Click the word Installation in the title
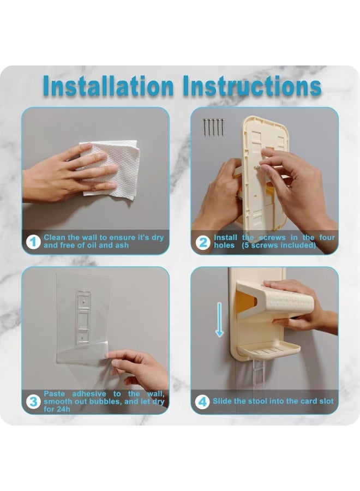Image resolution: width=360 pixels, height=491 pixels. coord(109,86)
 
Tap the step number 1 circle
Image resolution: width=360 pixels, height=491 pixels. coord(33,242)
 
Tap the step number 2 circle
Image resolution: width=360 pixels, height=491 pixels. coord(203,242)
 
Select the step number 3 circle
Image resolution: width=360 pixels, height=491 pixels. coord(33,402)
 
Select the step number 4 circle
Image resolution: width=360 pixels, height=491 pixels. coord(202,402)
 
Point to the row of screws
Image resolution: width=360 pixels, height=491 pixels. coord(213,127)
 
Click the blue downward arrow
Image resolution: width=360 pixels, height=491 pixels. coord(219,319)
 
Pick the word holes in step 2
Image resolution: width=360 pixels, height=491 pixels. coord(224,245)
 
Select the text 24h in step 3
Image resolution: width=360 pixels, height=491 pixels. coord(63,409)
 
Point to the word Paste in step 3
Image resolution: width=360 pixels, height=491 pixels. coord(54,393)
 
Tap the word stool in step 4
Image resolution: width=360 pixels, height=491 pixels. coord(257,401)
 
